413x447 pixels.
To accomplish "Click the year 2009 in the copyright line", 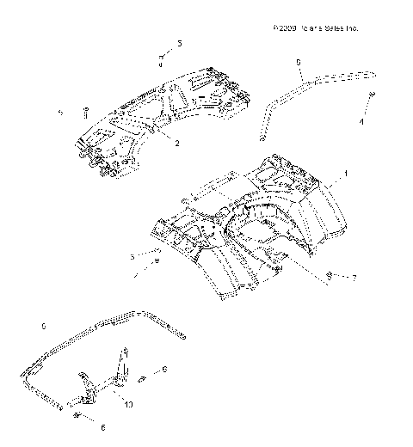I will pos(285,28).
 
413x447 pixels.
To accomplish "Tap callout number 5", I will pos(179,42).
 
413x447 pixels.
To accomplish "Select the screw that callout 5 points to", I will pos(161,58).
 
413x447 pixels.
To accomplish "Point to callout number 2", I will pos(176,144).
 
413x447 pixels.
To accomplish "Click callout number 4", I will pos(361,123).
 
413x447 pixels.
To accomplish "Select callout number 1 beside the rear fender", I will pos(346,173).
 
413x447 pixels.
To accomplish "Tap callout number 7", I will pos(352,278).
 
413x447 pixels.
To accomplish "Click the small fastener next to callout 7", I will pos(330,275).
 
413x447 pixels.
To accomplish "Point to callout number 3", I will pos(131,256).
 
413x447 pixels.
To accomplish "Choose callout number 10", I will pos(129,403).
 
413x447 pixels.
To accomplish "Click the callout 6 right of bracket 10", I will pos(164,368).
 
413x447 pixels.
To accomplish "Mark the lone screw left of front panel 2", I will pos(87,109).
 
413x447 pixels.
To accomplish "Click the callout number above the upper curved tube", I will pos(298,62).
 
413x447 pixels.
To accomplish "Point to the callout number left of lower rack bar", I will pos(43,327).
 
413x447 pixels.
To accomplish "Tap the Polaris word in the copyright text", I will pos(310,28).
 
